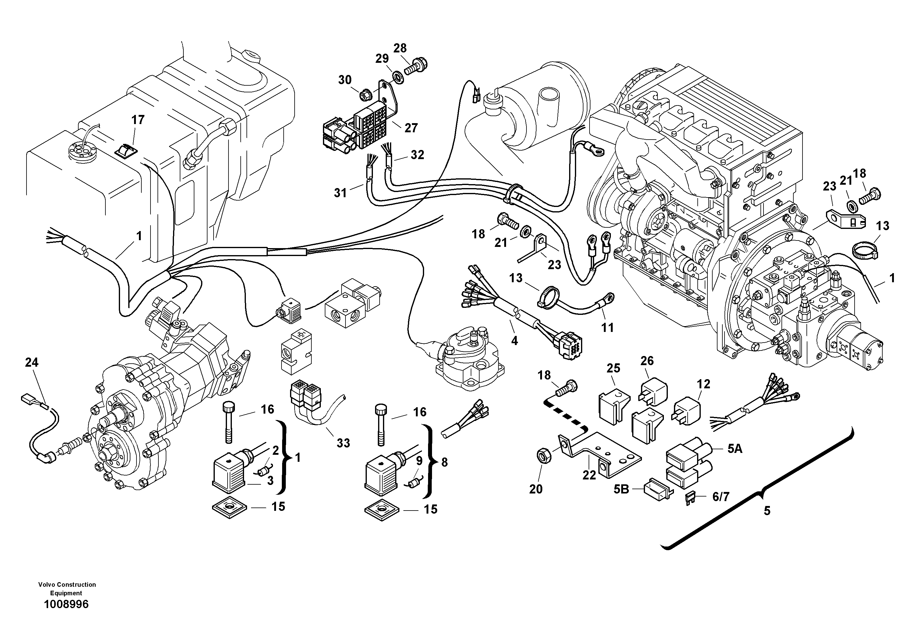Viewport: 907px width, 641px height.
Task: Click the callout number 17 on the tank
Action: [138, 119]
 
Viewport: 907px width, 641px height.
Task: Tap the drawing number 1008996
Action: [66, 604]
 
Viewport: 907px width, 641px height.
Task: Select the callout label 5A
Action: [735, 449]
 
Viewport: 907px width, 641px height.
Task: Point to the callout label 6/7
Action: [721, 497]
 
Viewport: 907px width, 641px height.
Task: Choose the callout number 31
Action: [340, 193]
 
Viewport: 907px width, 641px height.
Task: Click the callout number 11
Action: [607, 327]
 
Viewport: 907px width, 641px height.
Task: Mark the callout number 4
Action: [514, 341]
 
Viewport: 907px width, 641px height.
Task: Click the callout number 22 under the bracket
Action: [589, 475]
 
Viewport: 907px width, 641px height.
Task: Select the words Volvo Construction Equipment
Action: [67, 589]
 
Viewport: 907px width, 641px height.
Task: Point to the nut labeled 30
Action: [364, 95]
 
